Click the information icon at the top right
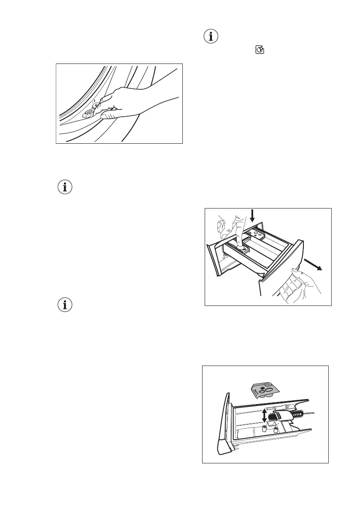tap(210, 37)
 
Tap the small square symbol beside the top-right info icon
tap(260, 51)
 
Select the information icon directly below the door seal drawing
tap(65, 187)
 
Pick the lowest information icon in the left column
tap(65, 305)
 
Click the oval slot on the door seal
tap(90, 112)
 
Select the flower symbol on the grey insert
tap(263, 385)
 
